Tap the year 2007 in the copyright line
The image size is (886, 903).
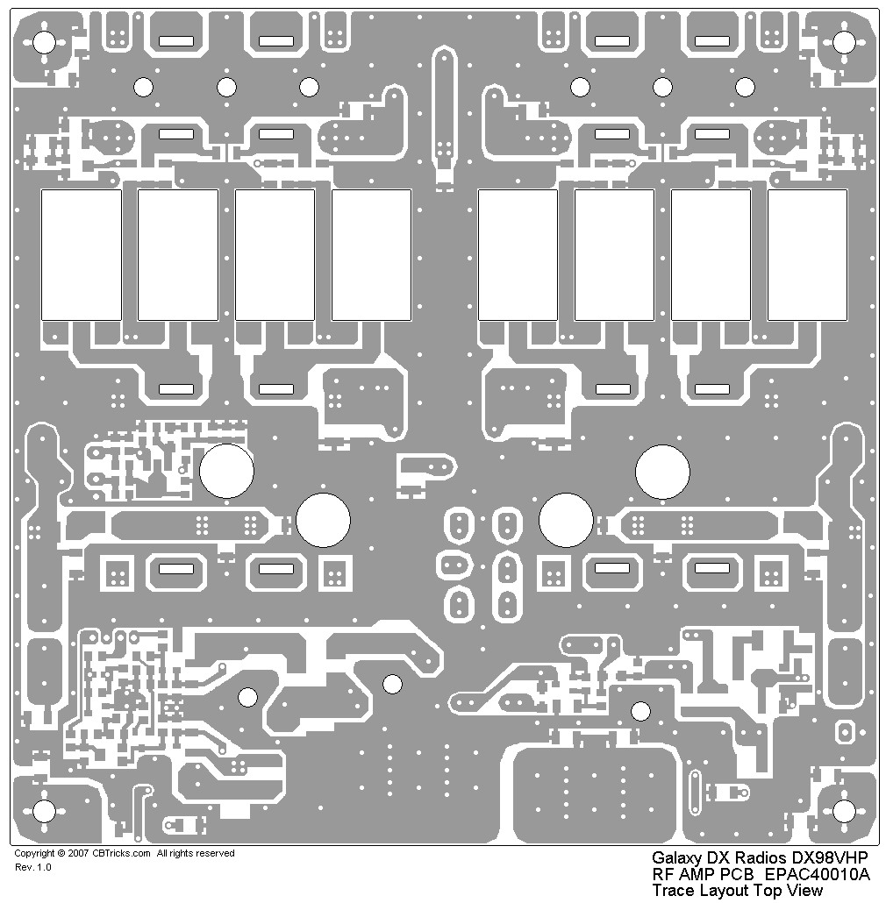pos(78,853)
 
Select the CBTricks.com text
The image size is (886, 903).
pos(121,853)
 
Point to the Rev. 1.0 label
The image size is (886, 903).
pos(32,867)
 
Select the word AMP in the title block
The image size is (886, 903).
pos(693,874)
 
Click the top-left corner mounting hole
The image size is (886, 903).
pos(44,42)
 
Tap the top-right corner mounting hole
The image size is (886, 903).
pos(844,42)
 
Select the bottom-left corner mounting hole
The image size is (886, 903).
pos(44,811)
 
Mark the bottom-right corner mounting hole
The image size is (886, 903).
pos(844,811)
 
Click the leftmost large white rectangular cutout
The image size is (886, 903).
pos(82,254)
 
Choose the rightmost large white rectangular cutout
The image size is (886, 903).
pos(807,254)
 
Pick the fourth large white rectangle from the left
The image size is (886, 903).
pos(372,254)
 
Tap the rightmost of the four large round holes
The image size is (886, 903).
pos(662,472)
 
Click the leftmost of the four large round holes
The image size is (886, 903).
pos(226,471)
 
